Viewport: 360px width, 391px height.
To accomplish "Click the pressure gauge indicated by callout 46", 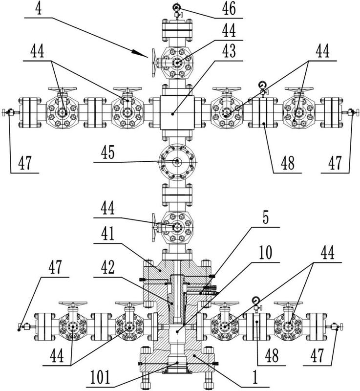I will (176, 7).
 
